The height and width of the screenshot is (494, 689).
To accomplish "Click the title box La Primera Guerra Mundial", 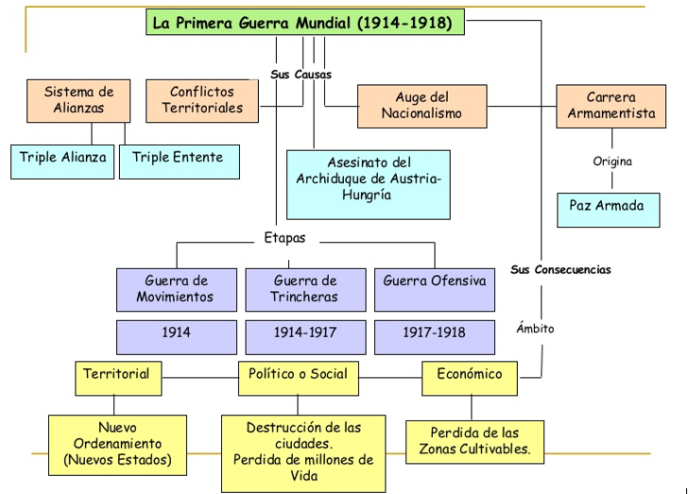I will (305, 22).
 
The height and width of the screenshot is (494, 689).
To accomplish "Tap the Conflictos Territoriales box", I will (202, 100).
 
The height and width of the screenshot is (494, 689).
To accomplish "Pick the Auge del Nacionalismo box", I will (422, 106).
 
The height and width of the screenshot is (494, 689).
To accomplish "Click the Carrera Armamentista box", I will (611, 106).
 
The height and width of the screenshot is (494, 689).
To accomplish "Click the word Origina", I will (611, 162).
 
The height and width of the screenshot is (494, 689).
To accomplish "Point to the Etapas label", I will (284, 238).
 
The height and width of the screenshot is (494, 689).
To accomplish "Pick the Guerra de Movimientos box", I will (177, 289).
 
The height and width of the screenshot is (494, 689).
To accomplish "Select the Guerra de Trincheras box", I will (305, 289).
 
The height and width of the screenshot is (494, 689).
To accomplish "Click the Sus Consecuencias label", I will (560, 269).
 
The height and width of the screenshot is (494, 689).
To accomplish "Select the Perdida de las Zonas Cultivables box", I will (475, 442).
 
